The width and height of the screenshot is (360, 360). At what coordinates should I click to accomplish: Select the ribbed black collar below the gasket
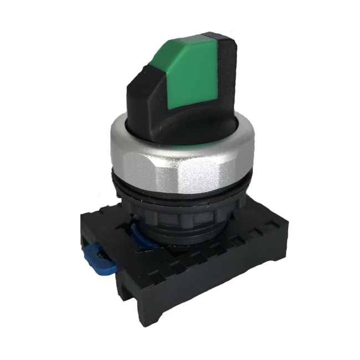tap(188, 213)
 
